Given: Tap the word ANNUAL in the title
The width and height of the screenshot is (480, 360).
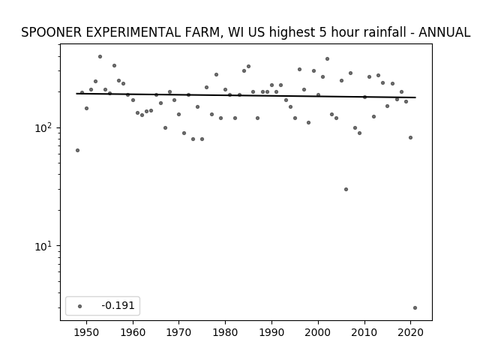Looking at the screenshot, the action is [444, 32].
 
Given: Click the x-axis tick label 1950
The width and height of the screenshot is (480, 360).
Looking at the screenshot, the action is [87, 332].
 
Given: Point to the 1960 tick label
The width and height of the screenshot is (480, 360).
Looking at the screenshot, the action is [133, 332].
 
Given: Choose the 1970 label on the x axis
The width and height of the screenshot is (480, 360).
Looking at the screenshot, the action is [178, 332].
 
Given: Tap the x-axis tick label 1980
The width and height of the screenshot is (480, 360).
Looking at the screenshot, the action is [225, 332].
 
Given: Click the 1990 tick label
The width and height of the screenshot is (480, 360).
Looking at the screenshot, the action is [271, 332].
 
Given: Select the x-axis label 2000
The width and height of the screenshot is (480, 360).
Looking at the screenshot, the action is [318, 332].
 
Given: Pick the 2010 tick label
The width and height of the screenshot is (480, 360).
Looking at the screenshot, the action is [364, 332].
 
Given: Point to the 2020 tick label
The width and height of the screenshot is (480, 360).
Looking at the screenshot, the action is [410, 332].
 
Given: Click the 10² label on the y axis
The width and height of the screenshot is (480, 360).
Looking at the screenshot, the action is [45, 127].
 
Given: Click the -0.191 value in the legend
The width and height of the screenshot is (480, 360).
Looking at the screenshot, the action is [118, 305].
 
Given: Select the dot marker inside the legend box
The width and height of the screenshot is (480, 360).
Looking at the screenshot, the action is [80, 306].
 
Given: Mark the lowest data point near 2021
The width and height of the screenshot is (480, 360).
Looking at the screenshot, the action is [415, 308].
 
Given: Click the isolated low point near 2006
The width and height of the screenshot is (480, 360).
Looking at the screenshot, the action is [346, 190].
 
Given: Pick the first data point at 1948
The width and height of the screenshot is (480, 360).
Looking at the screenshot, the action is [77, 150].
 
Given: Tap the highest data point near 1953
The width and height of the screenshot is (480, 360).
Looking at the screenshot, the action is [100, 57].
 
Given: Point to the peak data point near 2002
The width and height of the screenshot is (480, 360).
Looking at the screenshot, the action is [327, 58].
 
